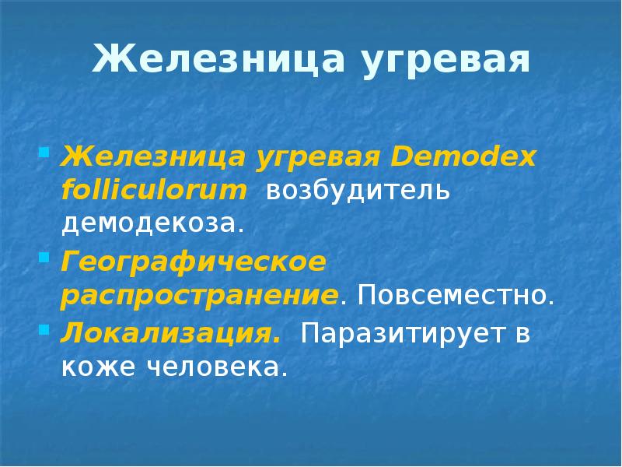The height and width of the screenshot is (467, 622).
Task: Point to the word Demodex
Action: tap(465, 156)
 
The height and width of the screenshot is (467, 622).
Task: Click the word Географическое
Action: tap(194, 262)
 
